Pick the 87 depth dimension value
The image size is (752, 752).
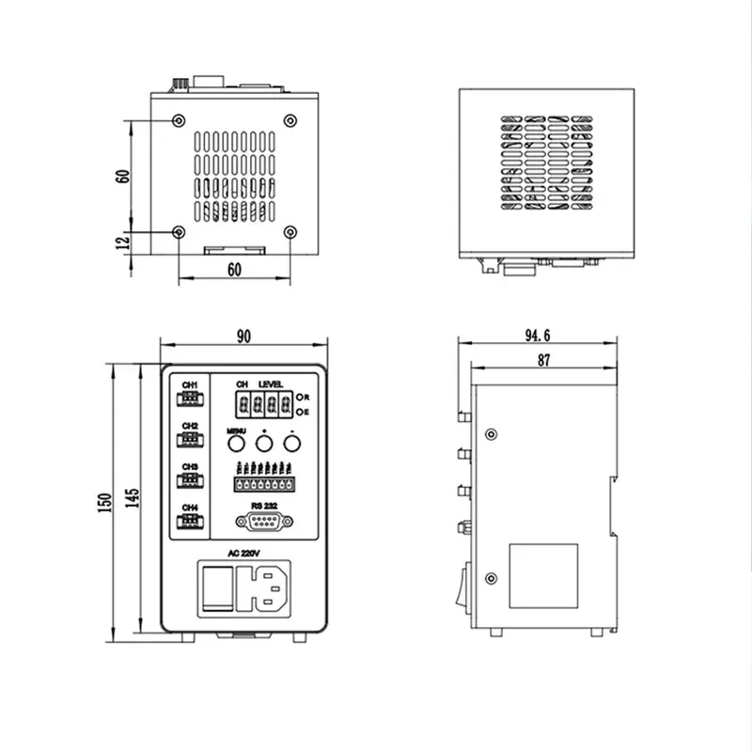click(543, 360)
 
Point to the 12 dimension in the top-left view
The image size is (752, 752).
click(121, 243)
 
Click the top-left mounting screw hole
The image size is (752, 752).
click(179, 120)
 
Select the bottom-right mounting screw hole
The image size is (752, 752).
click(290, 231)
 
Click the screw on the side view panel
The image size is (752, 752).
click(491, 434)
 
